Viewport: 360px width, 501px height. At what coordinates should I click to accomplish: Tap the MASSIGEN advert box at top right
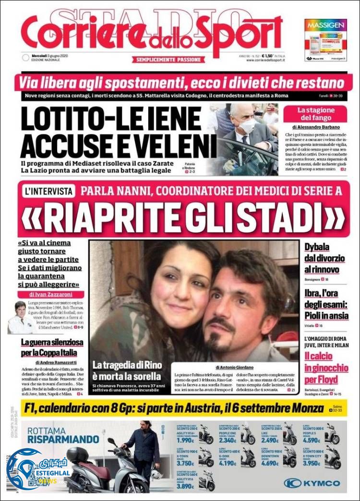[325, 40]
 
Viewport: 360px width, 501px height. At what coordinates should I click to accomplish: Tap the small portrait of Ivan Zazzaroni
[20, 317]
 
